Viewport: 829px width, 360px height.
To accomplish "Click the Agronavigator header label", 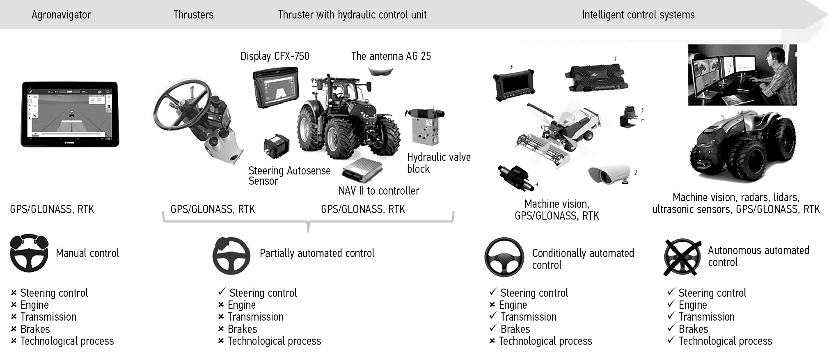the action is point(61,15).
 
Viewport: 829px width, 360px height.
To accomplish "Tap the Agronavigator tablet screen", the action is point(70,114).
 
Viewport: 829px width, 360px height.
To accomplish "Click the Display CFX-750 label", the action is point(275,56).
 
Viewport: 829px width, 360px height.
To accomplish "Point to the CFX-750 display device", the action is point(276,88).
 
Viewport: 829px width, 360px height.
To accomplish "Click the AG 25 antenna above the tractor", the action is point(380,71).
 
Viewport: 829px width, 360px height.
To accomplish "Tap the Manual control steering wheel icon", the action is point(29,253).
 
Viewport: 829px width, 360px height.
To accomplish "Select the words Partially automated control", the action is point(317,253).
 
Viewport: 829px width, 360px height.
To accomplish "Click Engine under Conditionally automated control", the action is point(513,305).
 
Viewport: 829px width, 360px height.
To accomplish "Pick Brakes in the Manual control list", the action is point(35,329).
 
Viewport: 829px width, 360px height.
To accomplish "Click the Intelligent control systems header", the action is point(638,15).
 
